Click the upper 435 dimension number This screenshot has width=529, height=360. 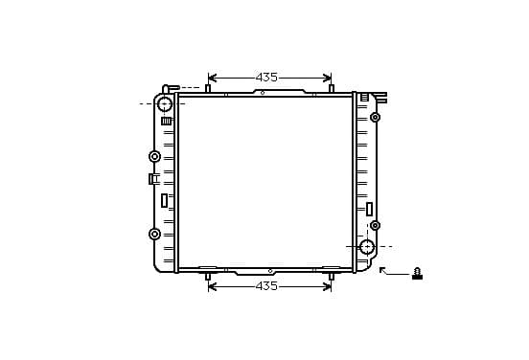[266, 78]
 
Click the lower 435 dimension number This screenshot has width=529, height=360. [266, 286]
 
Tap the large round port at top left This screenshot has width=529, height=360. [165, 103]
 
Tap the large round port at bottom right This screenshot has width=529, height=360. [367, 247]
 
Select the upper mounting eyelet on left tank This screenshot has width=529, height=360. [154, 156]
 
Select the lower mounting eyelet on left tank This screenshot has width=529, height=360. [154, 234]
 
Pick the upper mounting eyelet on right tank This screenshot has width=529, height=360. [375, 118]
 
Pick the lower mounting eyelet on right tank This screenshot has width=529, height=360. [375, 225]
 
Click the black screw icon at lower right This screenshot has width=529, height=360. [417, 274]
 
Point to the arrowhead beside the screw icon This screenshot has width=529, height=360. [382, 270]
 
